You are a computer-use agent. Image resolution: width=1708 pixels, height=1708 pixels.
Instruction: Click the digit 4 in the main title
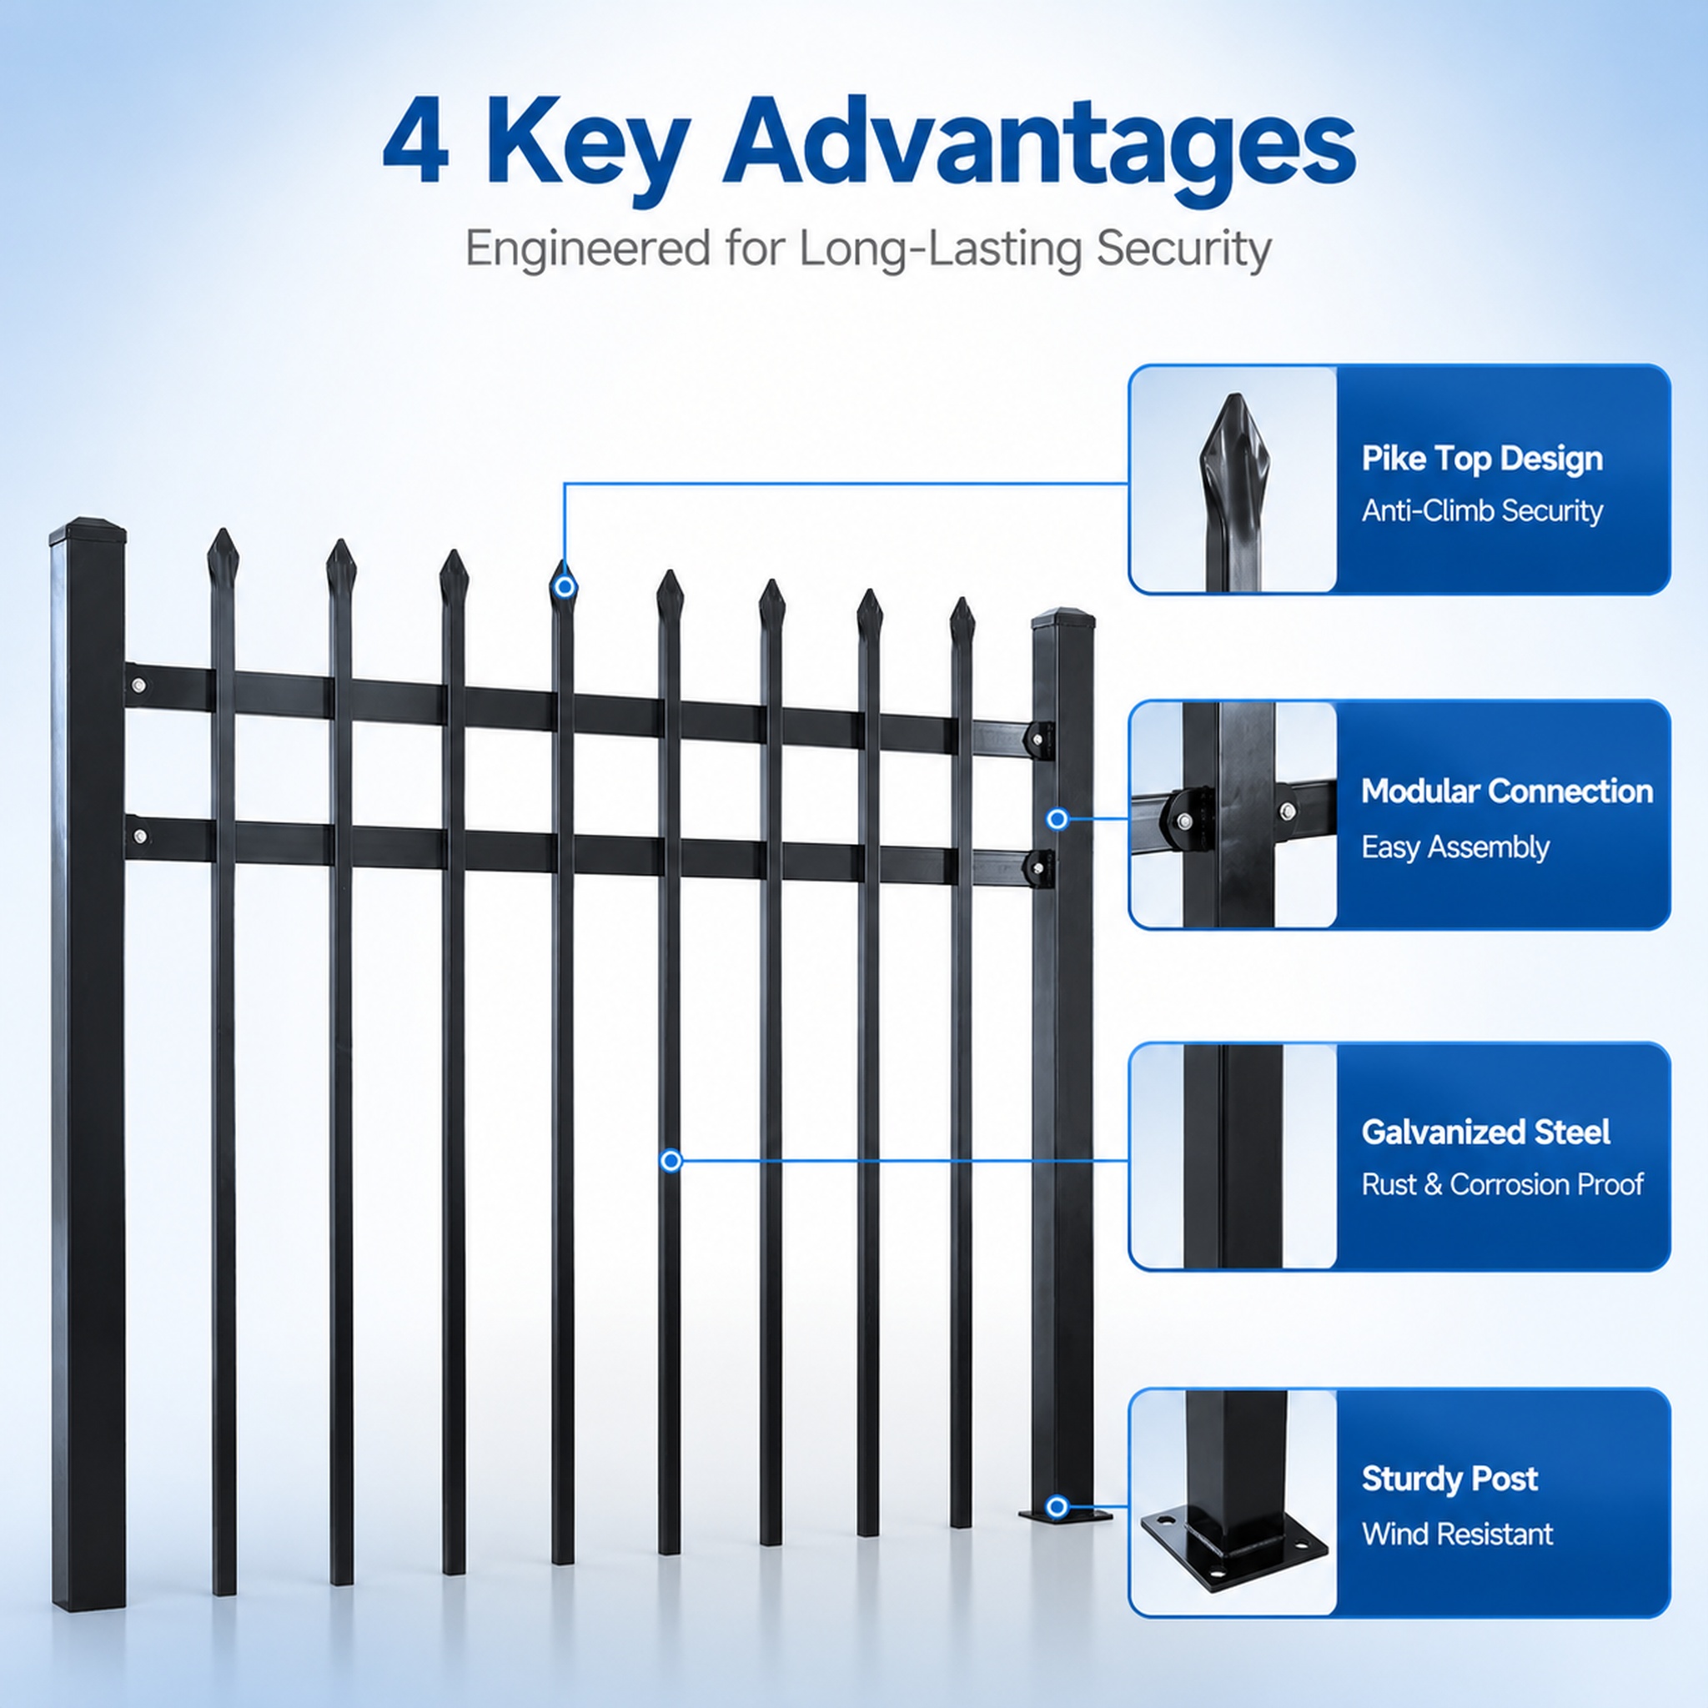click(415, 142)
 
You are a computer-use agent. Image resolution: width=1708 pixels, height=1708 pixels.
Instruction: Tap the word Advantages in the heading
click(1039, 147)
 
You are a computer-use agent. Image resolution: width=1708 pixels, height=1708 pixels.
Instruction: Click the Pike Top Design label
click(1482, 458)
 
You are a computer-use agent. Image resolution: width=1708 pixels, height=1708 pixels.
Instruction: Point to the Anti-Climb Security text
click(1482, 510)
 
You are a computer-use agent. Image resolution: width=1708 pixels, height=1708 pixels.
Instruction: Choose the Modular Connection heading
click(1506, 791)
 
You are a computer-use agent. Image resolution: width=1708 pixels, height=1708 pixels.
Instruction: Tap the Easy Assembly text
click(1455, 847)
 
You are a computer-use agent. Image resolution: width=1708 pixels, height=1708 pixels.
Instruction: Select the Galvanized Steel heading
click(1485, 1132)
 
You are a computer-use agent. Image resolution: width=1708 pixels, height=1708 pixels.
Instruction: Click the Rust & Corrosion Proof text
click(1502, 1183)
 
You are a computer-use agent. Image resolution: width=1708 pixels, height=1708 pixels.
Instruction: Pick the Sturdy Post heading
click(1449, 1478)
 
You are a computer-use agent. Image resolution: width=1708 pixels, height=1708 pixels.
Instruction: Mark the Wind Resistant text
click(1457, 1533)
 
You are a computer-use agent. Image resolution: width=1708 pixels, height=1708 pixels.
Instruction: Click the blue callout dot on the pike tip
click(565, 586)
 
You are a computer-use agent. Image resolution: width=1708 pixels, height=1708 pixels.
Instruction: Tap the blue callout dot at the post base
click(1057, 1506)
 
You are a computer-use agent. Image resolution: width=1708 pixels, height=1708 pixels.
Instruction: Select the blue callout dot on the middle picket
click(671, 1161)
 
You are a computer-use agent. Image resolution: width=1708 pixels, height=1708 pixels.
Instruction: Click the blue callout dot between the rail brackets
click(1057, 820)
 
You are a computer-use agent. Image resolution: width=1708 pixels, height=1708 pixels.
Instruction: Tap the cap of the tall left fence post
click(88, 530)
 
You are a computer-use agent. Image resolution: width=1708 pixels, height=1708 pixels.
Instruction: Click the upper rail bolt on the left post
click(138, 686)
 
